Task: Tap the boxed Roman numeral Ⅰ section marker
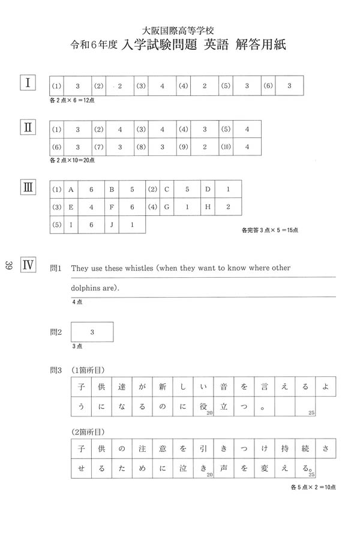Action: click(x=28, y=82)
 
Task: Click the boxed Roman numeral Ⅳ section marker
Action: click(x=28, y=265)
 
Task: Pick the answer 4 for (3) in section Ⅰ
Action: click(x=162, y=86)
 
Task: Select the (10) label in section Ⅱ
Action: click(x=226, y=147)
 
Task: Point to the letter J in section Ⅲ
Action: click(x=111, y=224)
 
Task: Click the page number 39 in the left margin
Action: click(x=9, y=265)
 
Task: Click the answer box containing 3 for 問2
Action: click(x=92, y=331)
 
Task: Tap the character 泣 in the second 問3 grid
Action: click(x=182, y=468)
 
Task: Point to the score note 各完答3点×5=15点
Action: click(x=269, y=230)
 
